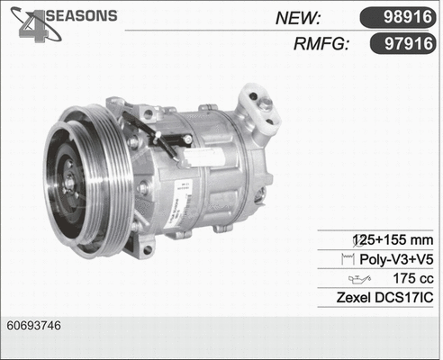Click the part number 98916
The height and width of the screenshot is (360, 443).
tap(402, 19)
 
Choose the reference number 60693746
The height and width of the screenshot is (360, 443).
tap(33, 324)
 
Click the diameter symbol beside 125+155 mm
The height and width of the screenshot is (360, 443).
tap(359, 240)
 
